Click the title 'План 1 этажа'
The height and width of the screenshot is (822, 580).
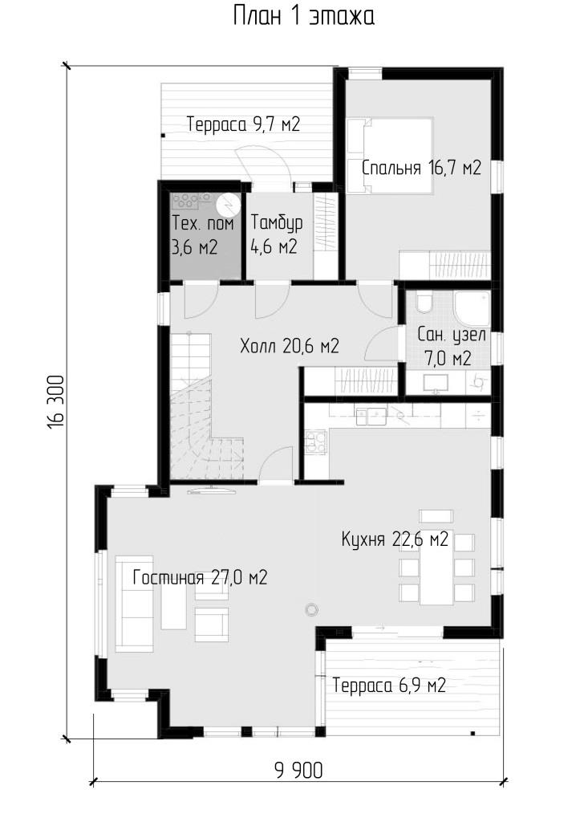[303, 16]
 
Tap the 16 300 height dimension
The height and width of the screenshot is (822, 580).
[56, 401]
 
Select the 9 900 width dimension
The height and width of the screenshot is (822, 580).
[298, 771]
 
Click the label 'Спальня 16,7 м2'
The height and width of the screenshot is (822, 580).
[421, 168]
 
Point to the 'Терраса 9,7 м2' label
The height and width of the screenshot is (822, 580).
[243, 124]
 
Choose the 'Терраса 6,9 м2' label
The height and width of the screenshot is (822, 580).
[389, 686]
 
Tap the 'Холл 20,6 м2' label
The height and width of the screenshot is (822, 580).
[290, 346]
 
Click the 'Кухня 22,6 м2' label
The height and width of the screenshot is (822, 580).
[395, 539]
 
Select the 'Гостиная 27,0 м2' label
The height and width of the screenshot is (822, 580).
[200, 578]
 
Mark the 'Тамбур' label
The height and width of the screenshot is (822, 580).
[276, 223]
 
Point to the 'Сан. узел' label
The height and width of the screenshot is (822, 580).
[452, 335]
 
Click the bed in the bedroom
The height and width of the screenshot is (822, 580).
[390, 156]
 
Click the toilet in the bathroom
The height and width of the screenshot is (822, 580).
[424, 303]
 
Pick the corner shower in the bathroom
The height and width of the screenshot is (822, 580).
[472, 309]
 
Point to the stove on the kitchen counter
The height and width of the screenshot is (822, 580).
[315, 442]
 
